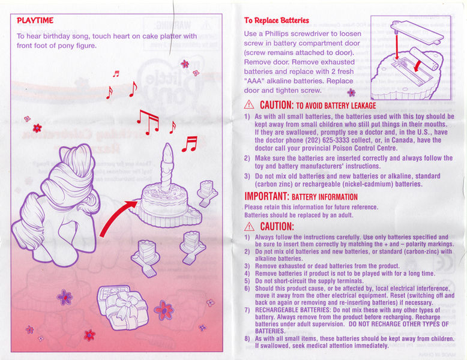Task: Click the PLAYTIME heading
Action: tap(35, 20)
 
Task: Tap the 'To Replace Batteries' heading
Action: tap(277, 20)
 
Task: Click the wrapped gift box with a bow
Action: tap(122, 308)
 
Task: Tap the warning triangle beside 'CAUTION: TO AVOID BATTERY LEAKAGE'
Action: tap(249, 105)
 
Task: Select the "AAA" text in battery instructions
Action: tap(255, 81)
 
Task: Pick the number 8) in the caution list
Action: tap(247, 339)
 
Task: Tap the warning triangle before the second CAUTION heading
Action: tap(249, 227)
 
